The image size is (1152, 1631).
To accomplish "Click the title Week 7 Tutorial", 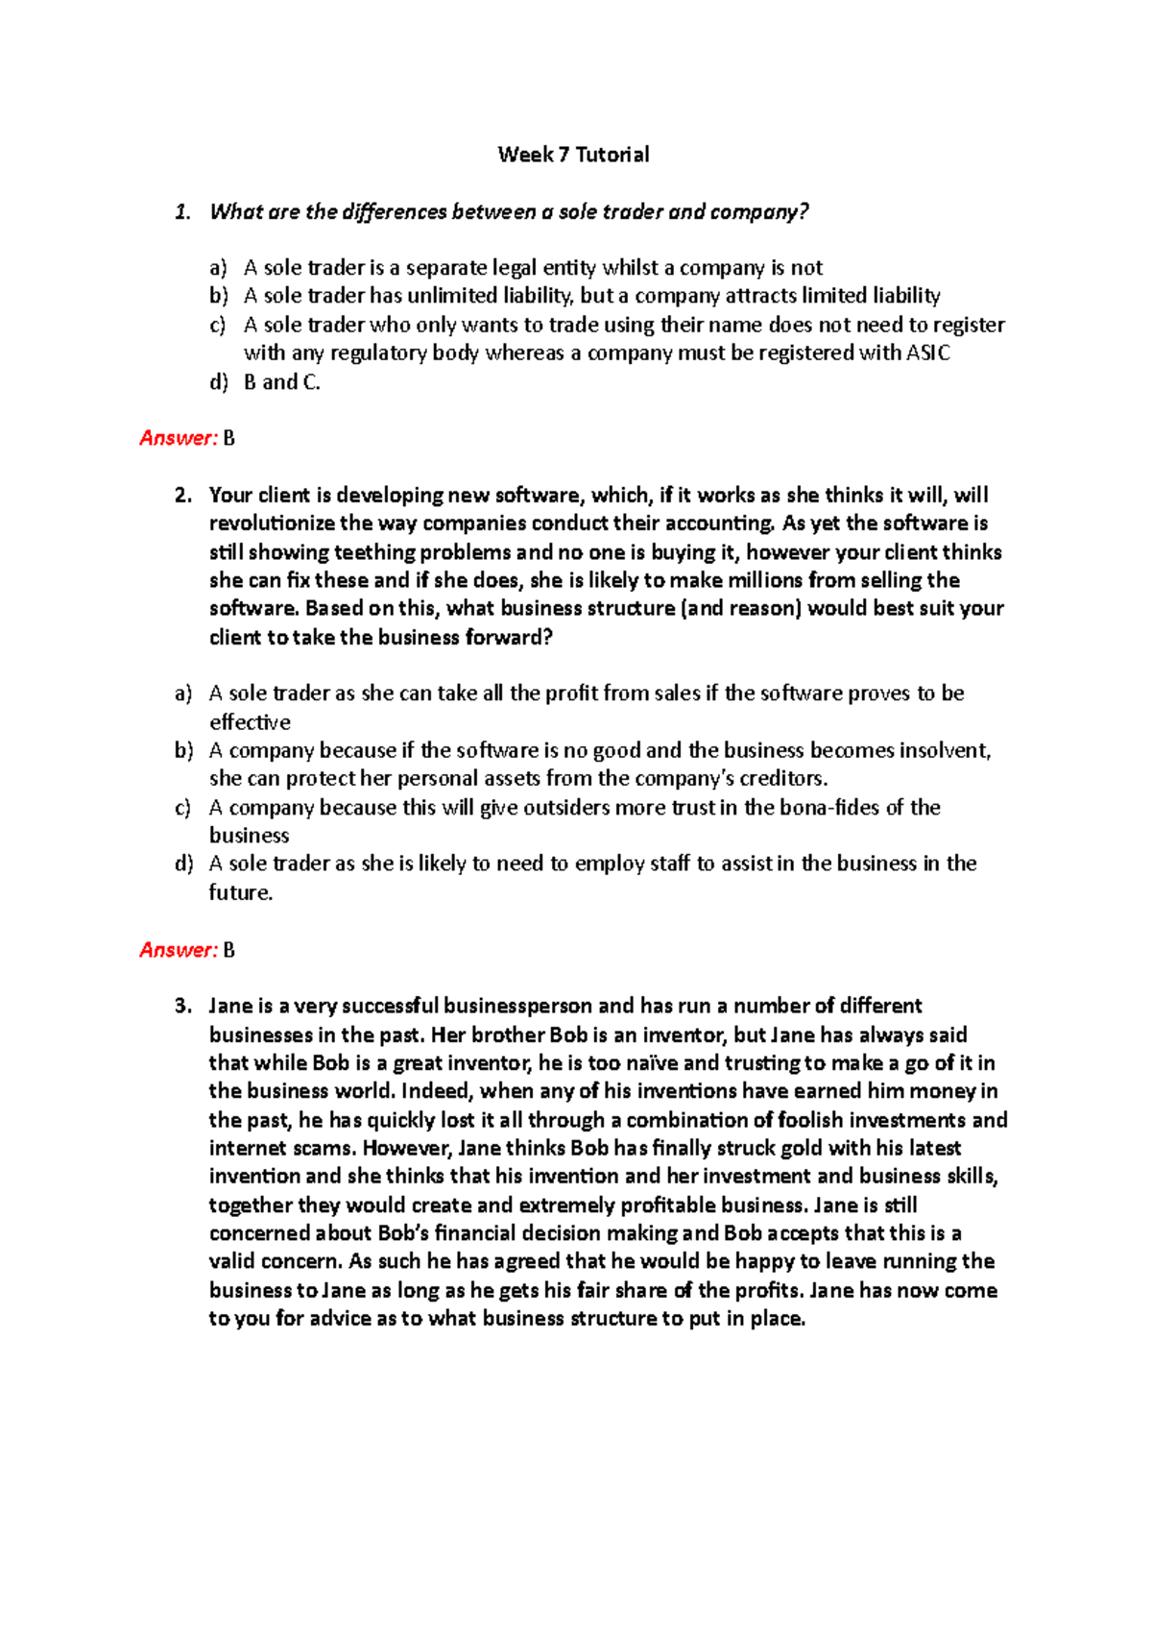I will pos(573,155).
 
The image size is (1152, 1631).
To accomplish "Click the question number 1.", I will pos(182,212).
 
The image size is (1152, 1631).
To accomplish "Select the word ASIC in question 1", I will pos(927,353).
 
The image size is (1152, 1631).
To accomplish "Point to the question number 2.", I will pos(182,496).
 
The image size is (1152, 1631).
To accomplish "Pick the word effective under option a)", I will pos(250,722).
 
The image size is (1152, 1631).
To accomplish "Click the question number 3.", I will pos(182,1007).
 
